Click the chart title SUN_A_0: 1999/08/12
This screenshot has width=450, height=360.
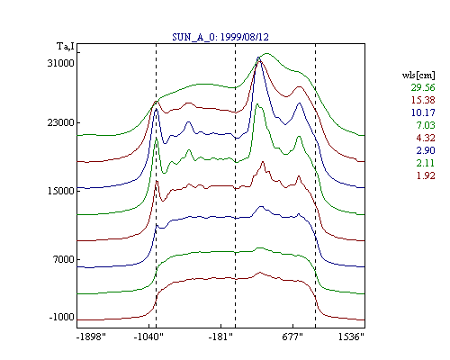(220, 37)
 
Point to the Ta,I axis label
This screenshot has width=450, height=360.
(66, 46)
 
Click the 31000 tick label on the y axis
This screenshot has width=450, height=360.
(60, 63)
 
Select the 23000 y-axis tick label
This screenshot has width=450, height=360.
(60, 122)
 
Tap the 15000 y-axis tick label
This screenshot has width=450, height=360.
(60, 191)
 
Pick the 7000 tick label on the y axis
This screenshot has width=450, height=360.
(64, 259)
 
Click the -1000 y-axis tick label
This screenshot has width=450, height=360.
(61, 317)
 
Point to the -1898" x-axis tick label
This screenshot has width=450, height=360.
(91, 337)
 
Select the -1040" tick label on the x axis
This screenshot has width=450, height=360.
(148, 337)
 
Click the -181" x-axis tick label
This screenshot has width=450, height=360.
(220, 337)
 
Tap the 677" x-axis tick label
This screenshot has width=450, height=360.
(292, 337)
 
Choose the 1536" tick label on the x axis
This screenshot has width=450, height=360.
(351, 337)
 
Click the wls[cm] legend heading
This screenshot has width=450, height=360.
(418, 75)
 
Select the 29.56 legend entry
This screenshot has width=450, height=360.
(423, 87)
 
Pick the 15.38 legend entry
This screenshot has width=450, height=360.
(423, 100)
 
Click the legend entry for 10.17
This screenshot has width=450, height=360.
(423, 112)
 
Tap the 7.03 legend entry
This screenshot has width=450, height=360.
(426, 125)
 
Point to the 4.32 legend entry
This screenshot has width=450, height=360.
(426, 138)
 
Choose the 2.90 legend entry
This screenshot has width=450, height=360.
(426, 150)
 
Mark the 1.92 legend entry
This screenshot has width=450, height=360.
(426, 175)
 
